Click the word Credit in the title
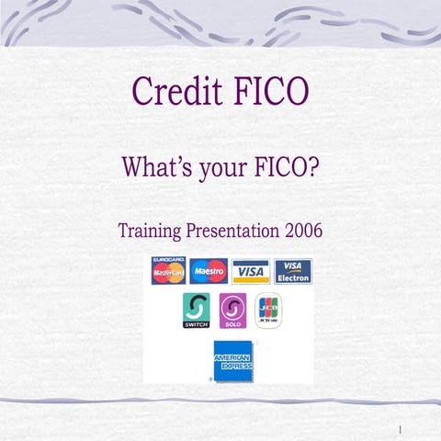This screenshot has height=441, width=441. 173,93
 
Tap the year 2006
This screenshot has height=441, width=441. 302,230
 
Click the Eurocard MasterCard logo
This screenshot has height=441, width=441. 168,271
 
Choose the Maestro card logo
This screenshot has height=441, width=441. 209,271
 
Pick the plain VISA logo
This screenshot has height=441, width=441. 250,271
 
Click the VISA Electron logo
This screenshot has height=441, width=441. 293,271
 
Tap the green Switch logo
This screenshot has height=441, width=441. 197,311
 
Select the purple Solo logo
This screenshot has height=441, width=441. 232,311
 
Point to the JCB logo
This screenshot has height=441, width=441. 267,311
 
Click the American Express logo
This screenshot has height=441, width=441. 232,359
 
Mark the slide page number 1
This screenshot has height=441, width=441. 401,429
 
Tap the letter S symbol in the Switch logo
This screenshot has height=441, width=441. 197,307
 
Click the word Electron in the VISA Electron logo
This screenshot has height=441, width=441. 293,277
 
